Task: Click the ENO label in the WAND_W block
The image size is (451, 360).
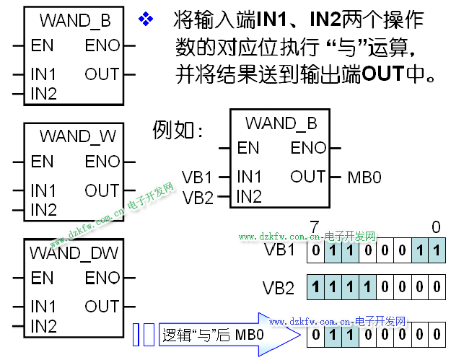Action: (x=102, y=162)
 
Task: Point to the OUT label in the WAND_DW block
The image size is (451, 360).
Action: (x=102, y=306)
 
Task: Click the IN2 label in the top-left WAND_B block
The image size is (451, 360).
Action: (x=44, y=93)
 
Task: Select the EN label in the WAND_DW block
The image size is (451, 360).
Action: (x=42, y=278)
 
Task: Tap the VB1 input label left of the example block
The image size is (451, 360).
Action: (x=198, y=177)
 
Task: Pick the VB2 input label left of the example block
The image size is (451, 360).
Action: (x=198, y=196)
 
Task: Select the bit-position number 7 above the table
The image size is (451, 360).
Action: (x=314, y=228)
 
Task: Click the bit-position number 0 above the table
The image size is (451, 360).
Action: (x=436, y=228)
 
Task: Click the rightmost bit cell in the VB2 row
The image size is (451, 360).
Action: (x=437, y=288)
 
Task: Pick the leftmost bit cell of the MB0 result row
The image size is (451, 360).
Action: (x=315, y=335)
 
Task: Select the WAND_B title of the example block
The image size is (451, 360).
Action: (x=281, y=123)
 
